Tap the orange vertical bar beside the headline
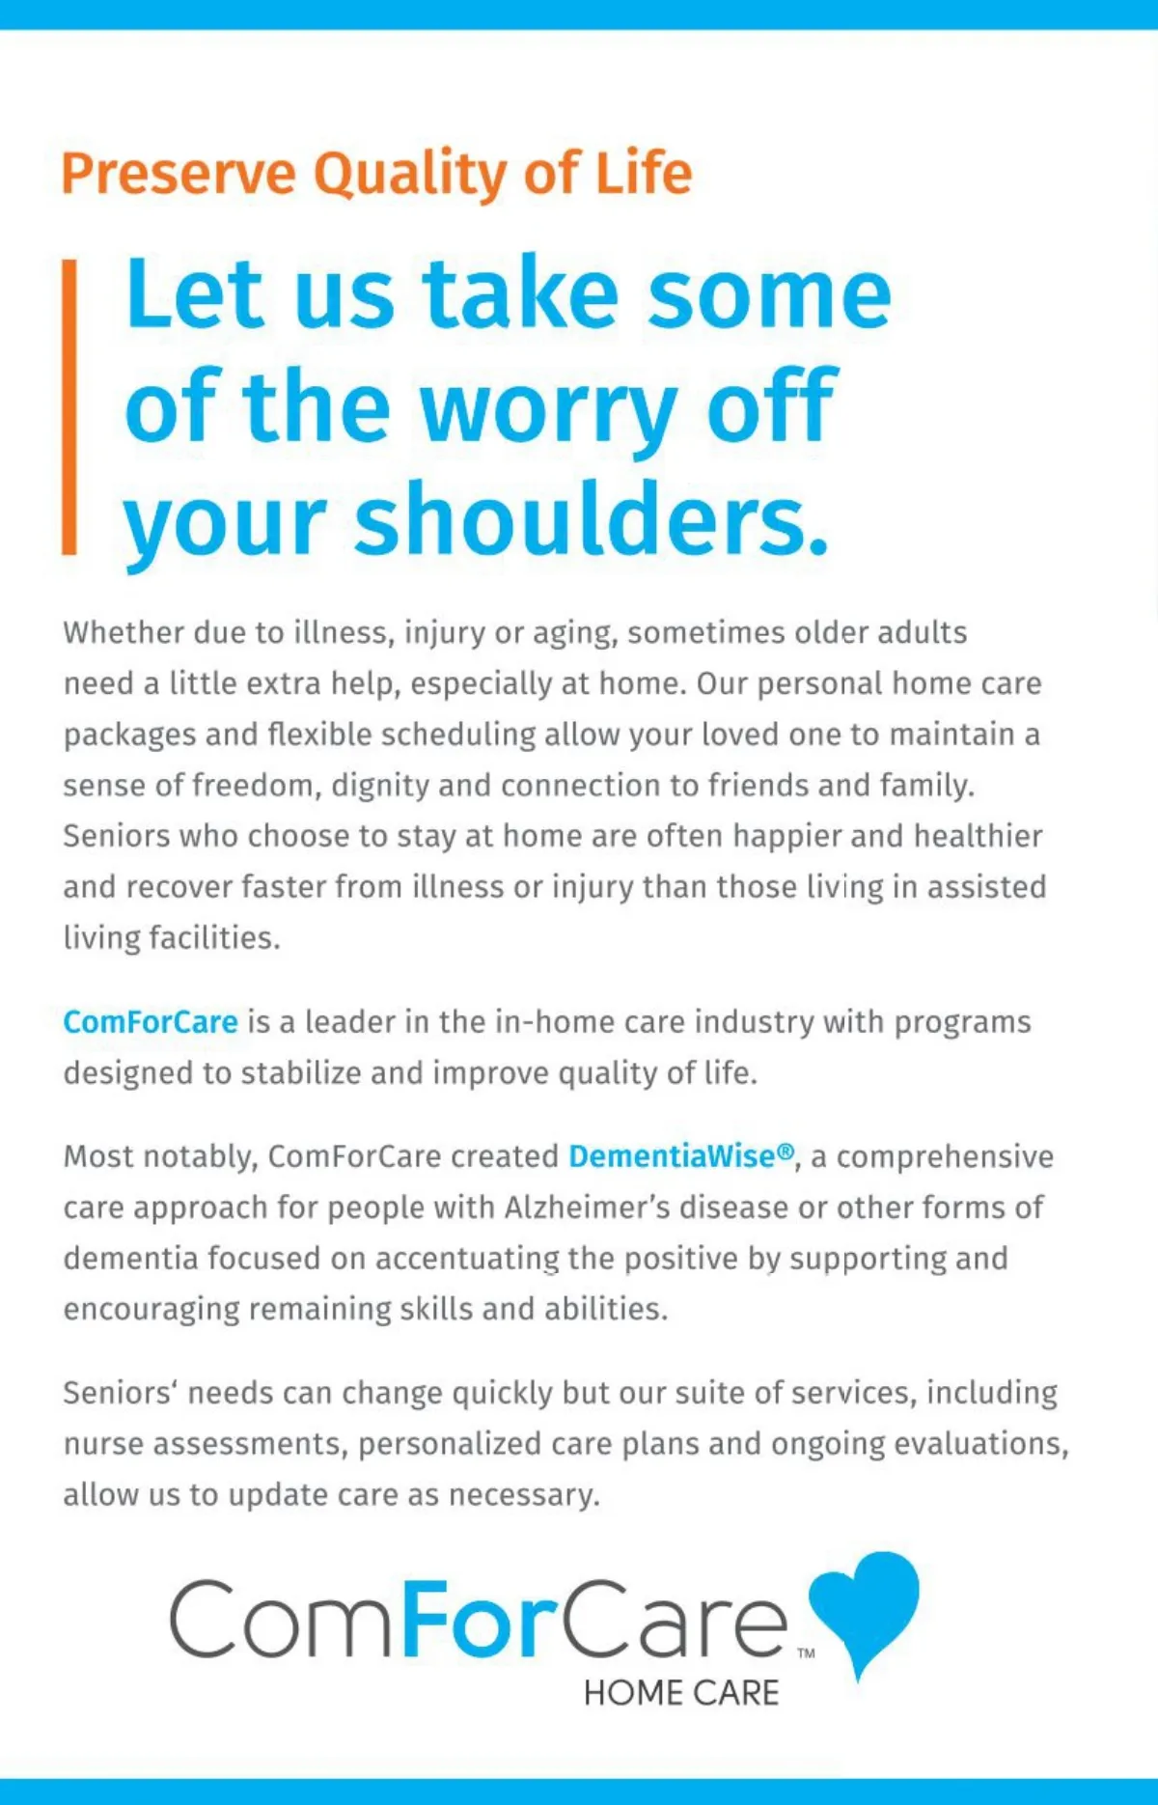coord(69,406)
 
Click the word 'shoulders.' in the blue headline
coord(592,519)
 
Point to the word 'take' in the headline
coord(520,293)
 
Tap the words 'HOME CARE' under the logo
coord(681,1693)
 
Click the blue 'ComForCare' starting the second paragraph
coord(151,1022)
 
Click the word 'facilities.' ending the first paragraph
coord(214,938)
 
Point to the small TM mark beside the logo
coord(806,1653)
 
